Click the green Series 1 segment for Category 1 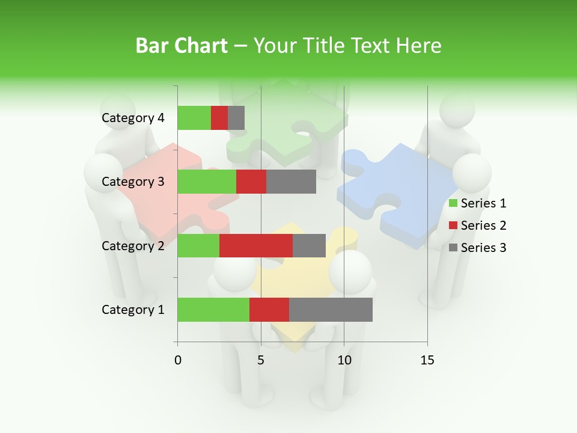pos(213,310)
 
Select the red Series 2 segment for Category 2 pos(256,245)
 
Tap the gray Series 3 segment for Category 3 pos(291,182)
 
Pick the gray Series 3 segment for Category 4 pos(236,118)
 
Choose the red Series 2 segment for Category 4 pos(219,118)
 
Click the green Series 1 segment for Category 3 pos(207,182)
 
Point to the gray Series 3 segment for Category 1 pos(331,310)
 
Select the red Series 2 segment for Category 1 pos(269,310)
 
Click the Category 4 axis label pos(133,118)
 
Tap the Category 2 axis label pos(133,246)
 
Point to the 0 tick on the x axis pos(178,360)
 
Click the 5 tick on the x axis pos(261,360)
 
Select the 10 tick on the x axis pos(344,360)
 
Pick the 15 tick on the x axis pos(427,360)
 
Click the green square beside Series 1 pos(453,203)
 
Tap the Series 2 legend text pos(483,226)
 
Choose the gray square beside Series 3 pos(453,248)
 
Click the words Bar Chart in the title pos(182,45)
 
